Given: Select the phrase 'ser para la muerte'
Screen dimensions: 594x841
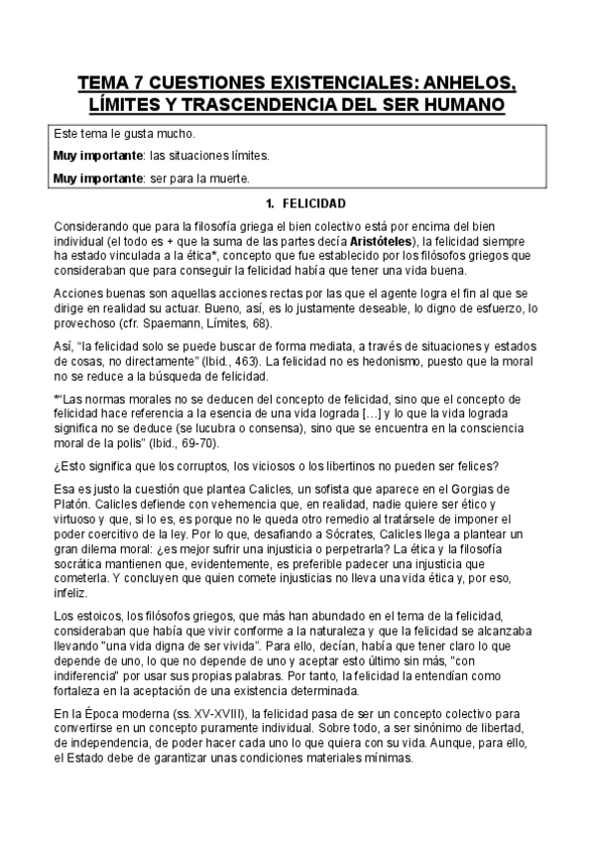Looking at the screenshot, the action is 204,180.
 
